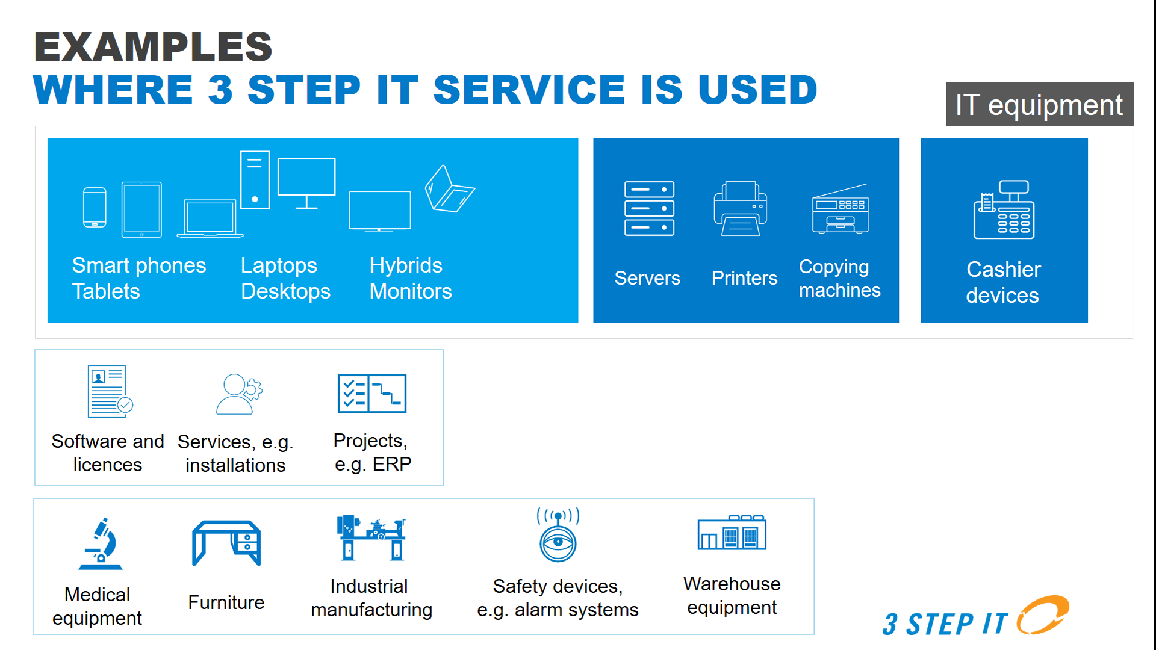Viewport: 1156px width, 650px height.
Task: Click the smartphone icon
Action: tap(95, 208)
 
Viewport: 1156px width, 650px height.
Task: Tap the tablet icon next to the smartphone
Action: tap(141, 209)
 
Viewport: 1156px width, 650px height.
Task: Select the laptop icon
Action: tap(210, 218)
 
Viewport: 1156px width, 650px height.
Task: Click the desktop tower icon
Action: tap(255, 179)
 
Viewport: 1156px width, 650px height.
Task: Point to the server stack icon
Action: tap(649, 208)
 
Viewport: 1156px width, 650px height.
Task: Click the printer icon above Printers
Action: tap(741, 208)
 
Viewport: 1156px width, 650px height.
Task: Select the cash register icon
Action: tap(1004, 209)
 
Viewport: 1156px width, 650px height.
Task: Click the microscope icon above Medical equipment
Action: tap(101, 543)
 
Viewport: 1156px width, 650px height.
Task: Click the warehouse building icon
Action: tap(732, 532)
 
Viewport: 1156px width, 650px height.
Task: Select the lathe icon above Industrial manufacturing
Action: tap(371, 537)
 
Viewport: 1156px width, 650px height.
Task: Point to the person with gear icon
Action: tap(239, 394)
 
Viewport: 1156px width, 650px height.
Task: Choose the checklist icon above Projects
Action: tap(372, 394)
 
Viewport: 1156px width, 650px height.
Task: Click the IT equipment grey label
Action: tap(1039, 104)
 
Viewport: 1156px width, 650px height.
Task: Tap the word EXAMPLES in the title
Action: tap(154, 47)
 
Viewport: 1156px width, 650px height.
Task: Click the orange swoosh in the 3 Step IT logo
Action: tap(1043, 615)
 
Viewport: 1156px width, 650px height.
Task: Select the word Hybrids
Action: tap(406, 265)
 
